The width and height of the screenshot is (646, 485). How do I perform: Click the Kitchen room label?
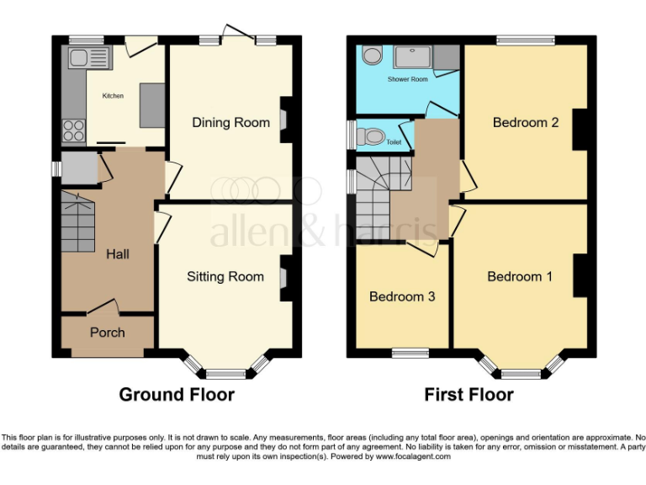pyautogui.click(x=113, y=96)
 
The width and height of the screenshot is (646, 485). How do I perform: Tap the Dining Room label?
pyautogui.click(x=231, y=123)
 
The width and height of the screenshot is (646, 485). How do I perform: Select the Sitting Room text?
pyautogui.click(x=225, y=276)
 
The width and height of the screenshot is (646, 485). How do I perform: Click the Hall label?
pyautogui.click(x=117, y=253)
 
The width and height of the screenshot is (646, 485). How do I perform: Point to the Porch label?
pyautogui.click(x=108, y=333)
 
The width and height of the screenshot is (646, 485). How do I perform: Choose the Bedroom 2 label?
pyautogui.click(x=526, y=123)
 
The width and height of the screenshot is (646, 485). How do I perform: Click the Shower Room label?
pyautogui.click(x=407, y=79)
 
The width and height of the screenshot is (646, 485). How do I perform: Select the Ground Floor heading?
pyautogui.click(x=177, y=394)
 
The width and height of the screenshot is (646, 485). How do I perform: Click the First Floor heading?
pyautogui.click(x=469, y=394)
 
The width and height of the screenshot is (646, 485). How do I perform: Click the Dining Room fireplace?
pyautogui.click(x=284, y=124)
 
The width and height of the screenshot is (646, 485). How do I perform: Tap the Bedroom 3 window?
pyautogui.click(x=410, y=352)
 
